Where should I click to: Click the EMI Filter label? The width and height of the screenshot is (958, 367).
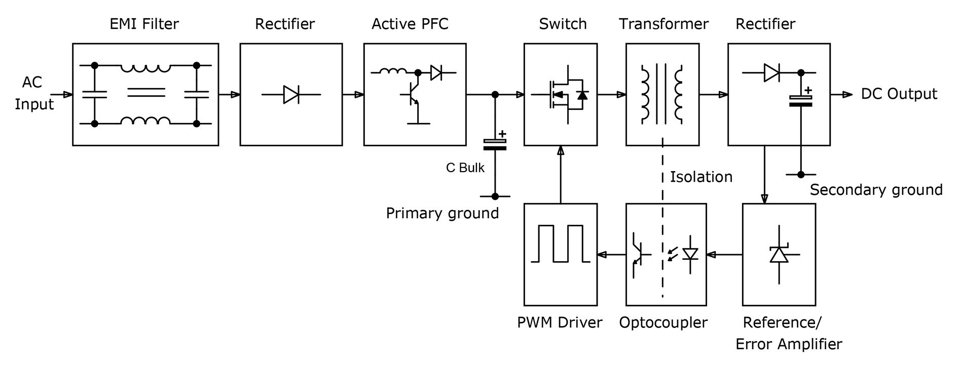[144, 24]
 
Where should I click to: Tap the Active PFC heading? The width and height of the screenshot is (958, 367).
[410, 24]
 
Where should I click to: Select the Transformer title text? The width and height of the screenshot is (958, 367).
[664, 24]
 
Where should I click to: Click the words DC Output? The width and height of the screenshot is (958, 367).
[899, 94]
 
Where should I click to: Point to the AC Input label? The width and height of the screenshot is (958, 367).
[34, 93]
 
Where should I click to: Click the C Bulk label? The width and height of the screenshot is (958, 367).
[465, 168]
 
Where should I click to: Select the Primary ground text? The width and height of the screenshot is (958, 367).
[442, 213]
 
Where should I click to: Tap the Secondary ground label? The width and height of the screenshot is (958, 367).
[876, 190]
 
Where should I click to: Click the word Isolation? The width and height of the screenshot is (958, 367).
[701, 177]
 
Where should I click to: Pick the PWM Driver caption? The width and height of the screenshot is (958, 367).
[560, 322]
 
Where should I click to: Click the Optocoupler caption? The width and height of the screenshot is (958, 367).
[663, 322]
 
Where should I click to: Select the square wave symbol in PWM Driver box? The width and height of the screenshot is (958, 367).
[560, 243]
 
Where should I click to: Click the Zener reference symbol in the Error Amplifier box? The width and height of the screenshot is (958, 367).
[779, 254]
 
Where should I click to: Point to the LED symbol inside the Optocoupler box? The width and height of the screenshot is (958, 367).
[690, 254]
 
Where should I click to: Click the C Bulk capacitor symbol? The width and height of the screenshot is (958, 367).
[495, 144]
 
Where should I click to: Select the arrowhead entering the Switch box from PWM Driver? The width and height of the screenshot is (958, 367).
[561, 150]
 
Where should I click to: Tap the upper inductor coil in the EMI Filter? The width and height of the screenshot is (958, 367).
[145, 68]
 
